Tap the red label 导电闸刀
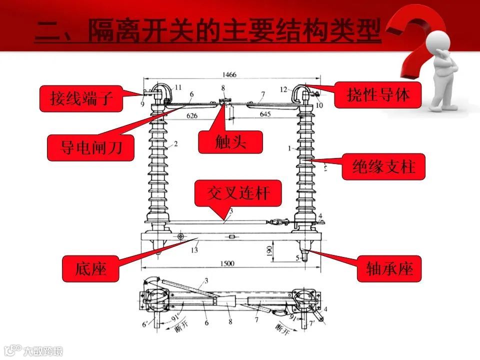click(90, 147)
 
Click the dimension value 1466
click(229, 75)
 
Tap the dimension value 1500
click(227, 263)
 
